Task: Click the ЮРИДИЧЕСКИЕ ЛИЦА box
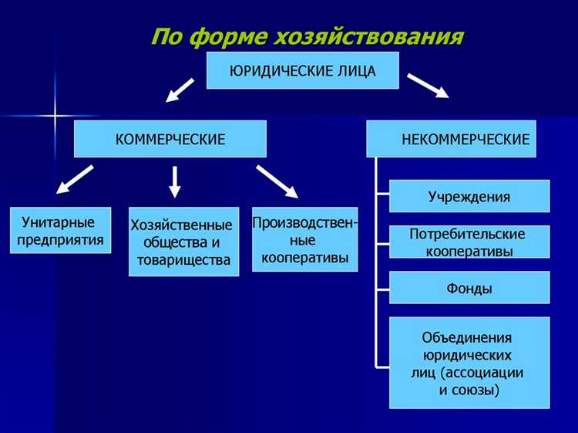[302, 71]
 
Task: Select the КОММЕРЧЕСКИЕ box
[170, 139]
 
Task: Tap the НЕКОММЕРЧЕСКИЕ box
[451, 139]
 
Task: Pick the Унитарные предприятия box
[61, 230]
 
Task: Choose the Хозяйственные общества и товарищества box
[183, 242]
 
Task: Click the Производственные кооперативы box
[304, 239]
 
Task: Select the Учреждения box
[469, 196]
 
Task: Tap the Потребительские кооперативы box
[469, 242]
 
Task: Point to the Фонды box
[469, 288]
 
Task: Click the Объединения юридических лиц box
[469, 363]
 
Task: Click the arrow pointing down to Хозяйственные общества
[175, 181]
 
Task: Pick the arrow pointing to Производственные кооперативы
[277, 181]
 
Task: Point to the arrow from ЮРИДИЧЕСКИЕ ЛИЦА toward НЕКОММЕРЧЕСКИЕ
[428, 85]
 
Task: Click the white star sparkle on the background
[55, 117]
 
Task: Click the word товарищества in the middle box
[183, 260]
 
